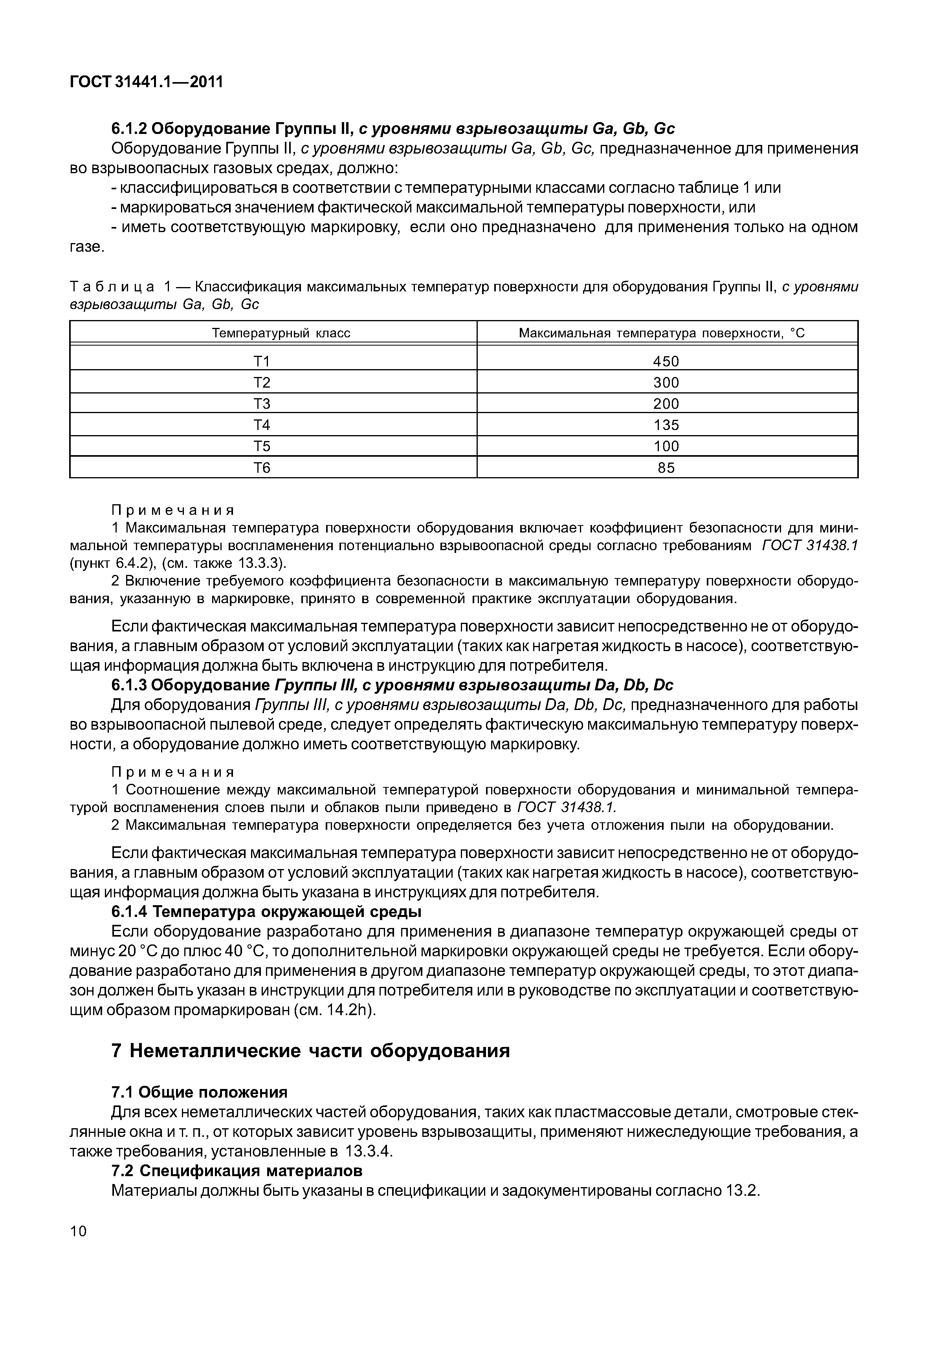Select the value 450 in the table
(x=666, y=362)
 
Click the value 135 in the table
(x=666, y=425)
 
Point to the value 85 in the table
(x=666, y=467)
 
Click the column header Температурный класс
(x=281, y=333)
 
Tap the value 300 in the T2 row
(x=666, y=382)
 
